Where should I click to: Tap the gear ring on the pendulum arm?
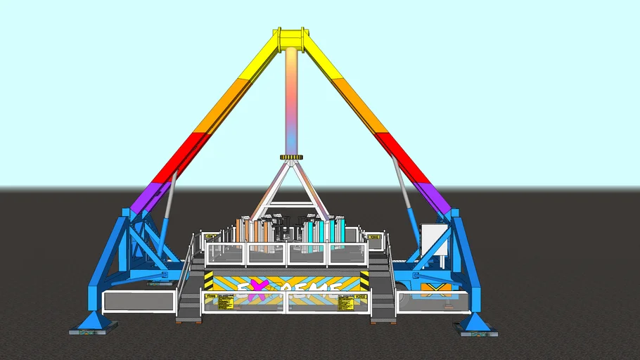290,157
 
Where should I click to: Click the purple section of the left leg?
149,197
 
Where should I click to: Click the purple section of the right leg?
432,197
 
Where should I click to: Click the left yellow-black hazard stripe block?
208,281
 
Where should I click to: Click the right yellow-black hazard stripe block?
364,280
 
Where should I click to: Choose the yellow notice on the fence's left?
226,302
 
